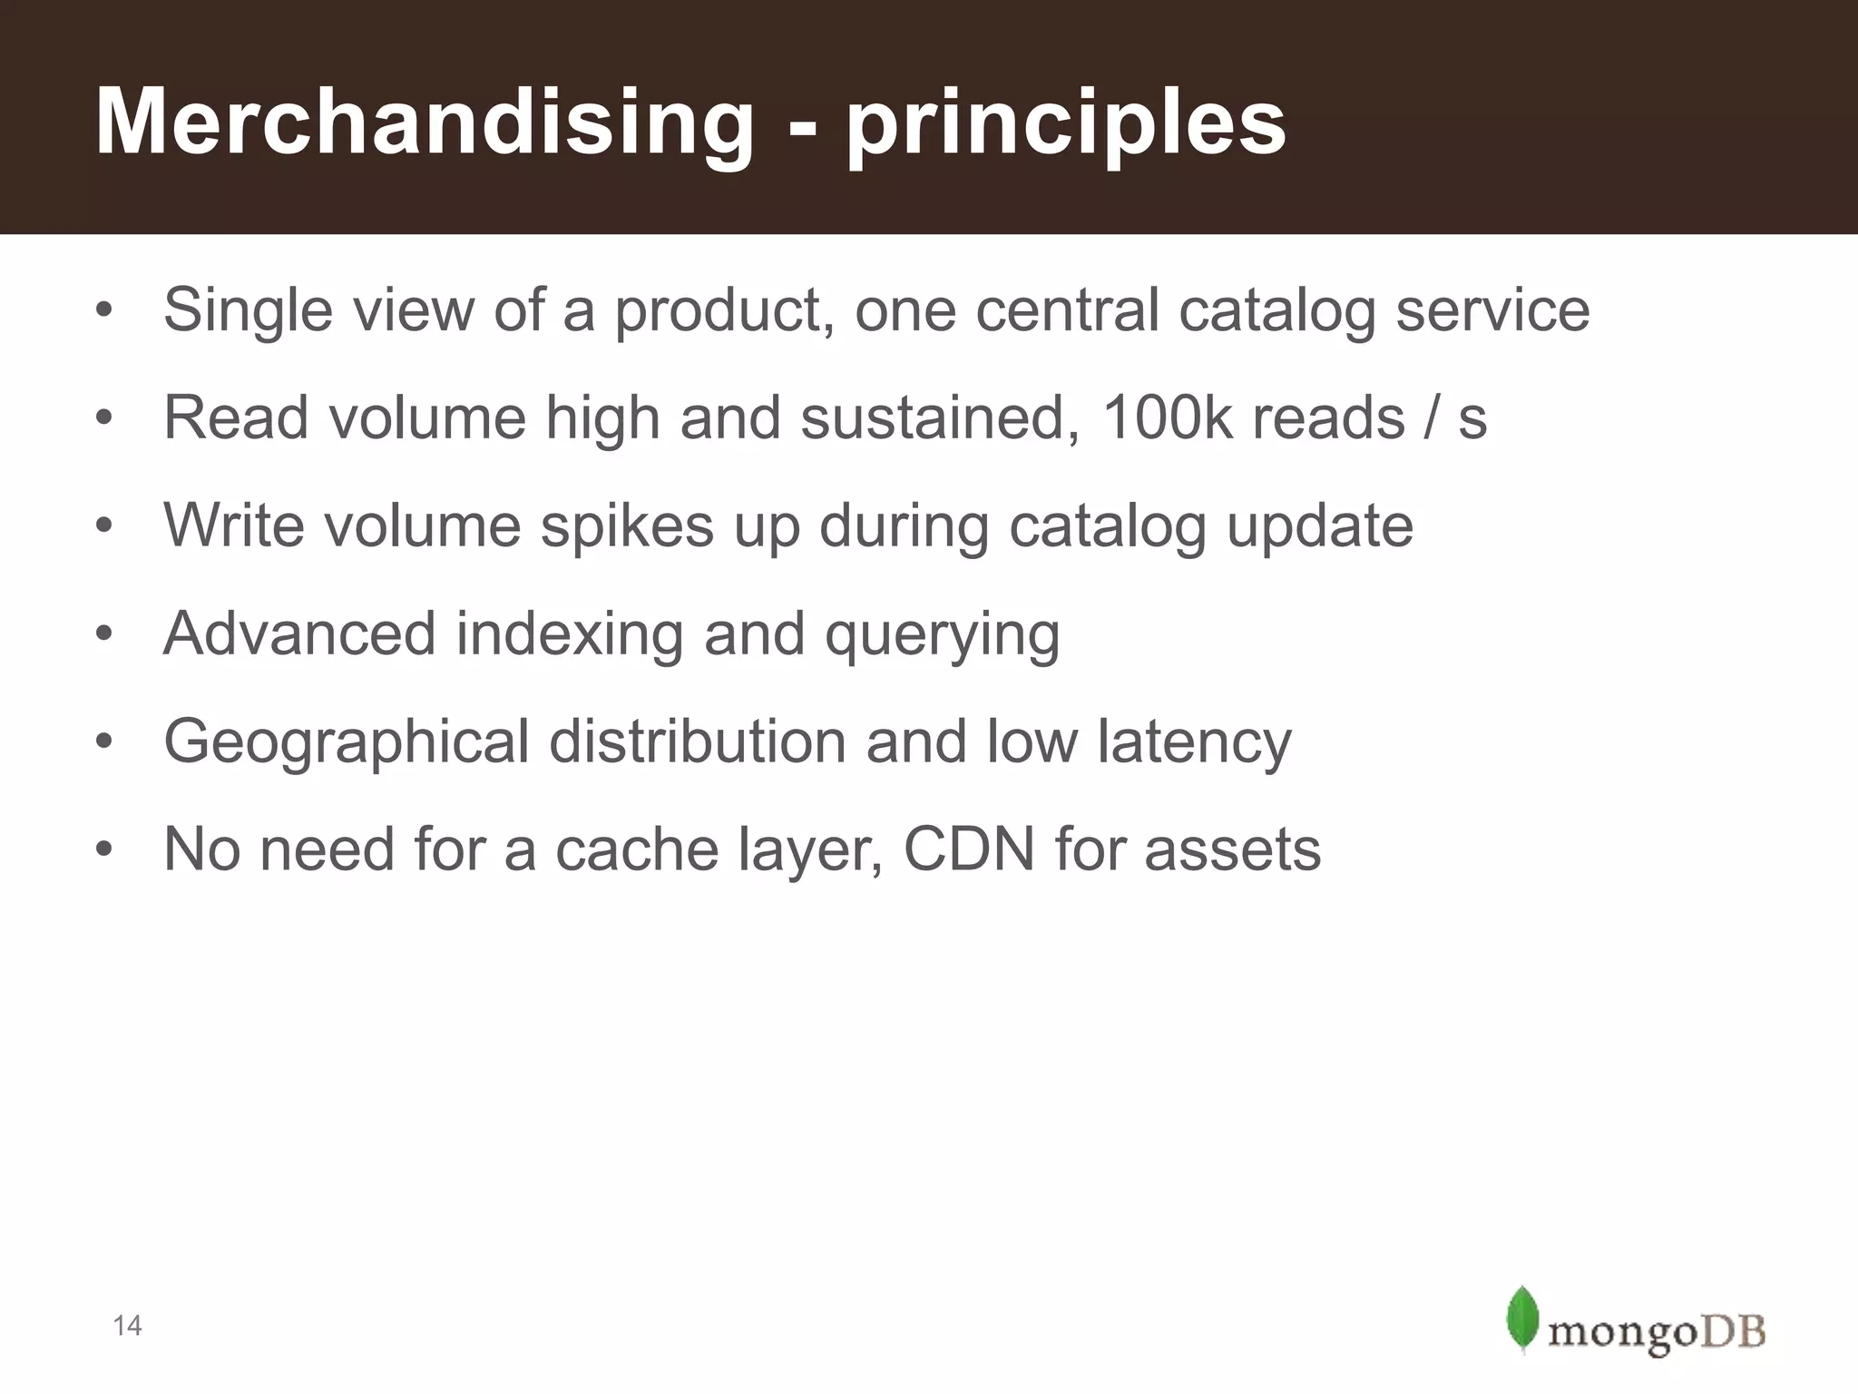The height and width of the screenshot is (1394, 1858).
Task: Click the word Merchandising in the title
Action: [x=424, y=123]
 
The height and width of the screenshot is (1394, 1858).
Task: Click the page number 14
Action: [x=127, y=1326]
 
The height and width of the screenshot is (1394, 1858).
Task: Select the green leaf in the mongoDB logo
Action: [x=1522, y=1319]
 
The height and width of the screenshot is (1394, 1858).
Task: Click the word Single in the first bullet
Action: [x=248, y=310]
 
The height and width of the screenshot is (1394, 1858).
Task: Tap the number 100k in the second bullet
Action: [x=1166, y=418]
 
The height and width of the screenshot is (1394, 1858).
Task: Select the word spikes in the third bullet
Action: [x=627, y=526]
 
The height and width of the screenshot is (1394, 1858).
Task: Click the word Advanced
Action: [x=299, y=633]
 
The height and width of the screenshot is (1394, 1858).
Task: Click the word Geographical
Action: [x=346, y=742]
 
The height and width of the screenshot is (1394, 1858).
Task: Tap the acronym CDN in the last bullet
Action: [x=969, y=849]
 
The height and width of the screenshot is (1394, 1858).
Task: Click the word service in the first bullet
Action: [x=1492, y=310]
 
